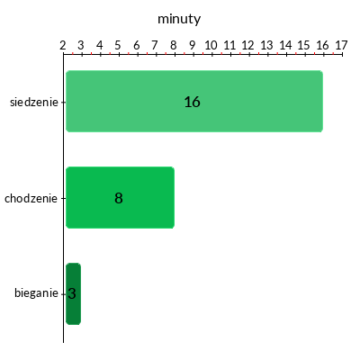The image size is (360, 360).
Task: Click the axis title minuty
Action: tap(179, 19)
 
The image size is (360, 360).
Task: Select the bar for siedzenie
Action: tap(194, 101)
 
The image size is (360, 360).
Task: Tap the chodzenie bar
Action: tap(120, 197)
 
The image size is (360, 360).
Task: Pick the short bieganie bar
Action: tap(73, 293)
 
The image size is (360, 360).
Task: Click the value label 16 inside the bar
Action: tap(192, 102)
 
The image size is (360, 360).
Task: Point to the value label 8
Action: tap(119, 198)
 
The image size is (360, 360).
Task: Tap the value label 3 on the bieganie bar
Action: tap(72, 293)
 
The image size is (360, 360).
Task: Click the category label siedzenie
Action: tap(34, 103)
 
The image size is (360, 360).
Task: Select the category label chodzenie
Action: tap(31, 198)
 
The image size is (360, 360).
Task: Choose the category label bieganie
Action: tap(36, 293)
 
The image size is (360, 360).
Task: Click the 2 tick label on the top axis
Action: tap(63, 45)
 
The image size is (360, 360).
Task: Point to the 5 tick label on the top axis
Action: tap(118, 45)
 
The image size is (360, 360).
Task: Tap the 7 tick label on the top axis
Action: tap(155, 45)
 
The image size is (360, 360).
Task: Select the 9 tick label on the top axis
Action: tap(192, 45)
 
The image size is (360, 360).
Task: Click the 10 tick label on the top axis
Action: tap(211, 45)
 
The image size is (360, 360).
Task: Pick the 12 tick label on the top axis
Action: tap(247, 45)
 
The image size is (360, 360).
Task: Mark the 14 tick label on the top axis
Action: tap(285, 45)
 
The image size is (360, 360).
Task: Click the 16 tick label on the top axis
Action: tap(322, 45)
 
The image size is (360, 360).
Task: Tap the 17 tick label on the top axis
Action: tap(341, 45)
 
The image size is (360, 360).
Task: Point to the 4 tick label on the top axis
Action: tap(100, 45)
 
